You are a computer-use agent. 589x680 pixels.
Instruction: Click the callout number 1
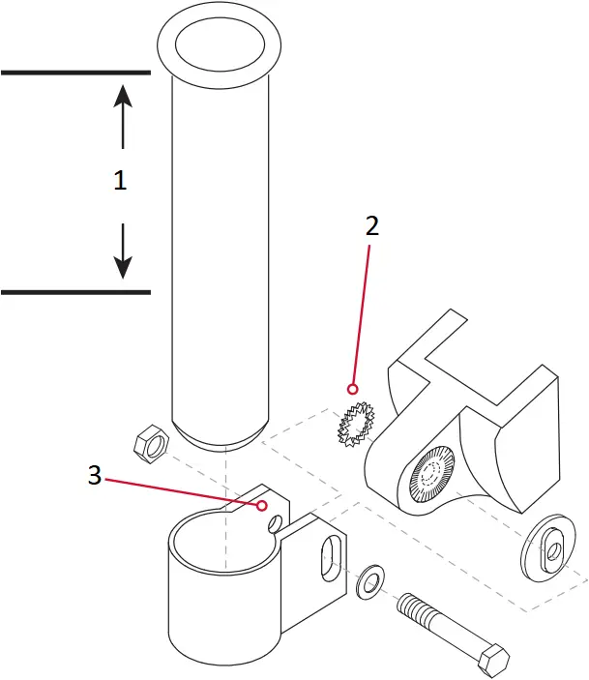click(x=120, y=181)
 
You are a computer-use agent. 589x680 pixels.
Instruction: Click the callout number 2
click(x=371, y=226)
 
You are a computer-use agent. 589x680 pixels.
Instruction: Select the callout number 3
click(x=94, y=475)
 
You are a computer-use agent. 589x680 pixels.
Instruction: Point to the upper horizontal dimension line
click(x=74, y=73)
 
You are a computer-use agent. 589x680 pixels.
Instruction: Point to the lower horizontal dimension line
click(x=74, y=291)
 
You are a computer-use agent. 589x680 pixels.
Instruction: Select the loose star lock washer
click(x=355, y=425)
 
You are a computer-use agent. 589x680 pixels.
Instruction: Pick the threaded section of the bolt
click(x=424, y=613)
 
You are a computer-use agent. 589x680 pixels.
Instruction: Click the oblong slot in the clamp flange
click(x=331, y=558)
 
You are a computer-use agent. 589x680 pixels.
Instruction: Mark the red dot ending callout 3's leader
click(x=262, y=505)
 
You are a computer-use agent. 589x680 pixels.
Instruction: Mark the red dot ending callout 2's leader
click(x=353, y=389)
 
